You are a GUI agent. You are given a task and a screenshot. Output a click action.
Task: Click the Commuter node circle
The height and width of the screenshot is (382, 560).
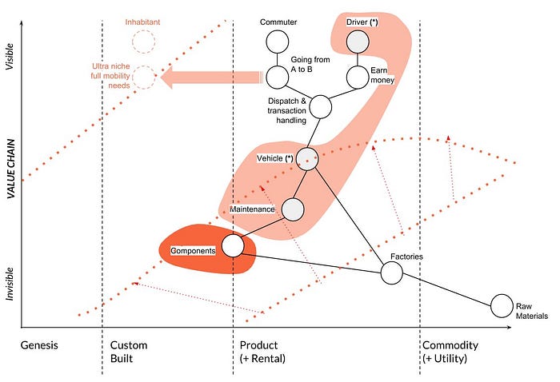coord(277,42)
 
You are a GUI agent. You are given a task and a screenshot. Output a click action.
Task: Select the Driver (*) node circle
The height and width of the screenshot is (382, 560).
coord(357,42)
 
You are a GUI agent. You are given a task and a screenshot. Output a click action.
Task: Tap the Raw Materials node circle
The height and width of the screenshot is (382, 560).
coord(502,305)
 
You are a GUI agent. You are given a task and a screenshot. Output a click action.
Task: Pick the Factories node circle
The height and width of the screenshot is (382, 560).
coord(391,273)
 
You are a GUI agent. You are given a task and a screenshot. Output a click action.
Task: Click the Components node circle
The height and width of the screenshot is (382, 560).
coord(232,245)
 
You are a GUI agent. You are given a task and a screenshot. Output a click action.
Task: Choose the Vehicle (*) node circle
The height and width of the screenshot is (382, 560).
coord(308,158)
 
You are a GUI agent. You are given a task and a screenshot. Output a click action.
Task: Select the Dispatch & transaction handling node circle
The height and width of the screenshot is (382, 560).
coord(320,105)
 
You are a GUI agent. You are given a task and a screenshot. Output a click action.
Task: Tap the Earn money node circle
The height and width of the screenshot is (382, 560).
coord(357,77)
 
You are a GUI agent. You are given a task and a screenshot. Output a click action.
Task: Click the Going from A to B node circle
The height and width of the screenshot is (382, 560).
coord(277,77)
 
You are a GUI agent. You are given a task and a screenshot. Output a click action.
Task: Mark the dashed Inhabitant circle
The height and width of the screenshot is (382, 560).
coord(144,40)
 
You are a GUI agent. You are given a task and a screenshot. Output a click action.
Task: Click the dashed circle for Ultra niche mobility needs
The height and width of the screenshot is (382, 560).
coord(144,77)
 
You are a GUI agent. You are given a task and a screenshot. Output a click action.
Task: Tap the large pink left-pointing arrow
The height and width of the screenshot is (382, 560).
coord(212,77)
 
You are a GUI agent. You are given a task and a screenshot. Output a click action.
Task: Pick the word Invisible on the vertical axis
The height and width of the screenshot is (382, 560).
coord(10,281)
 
